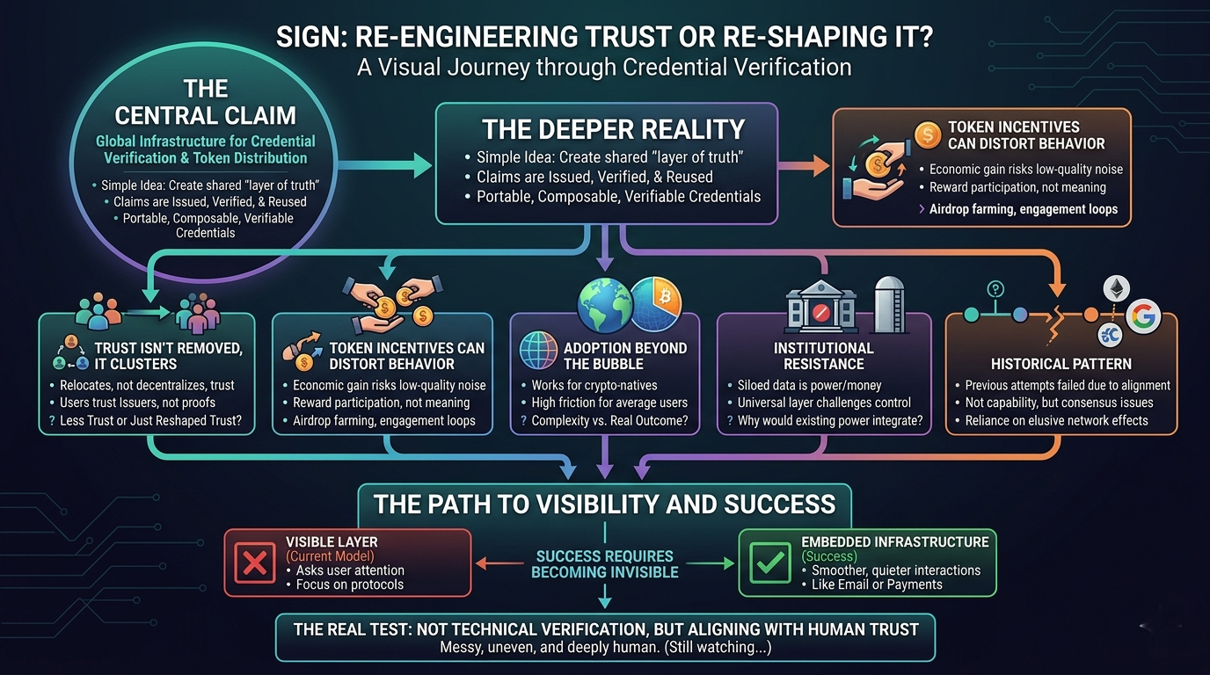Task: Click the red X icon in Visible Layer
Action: coord(254,562)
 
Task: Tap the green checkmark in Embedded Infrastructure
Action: coord(770,563)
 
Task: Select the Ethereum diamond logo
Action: coord(1116,289)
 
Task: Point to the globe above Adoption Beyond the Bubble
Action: coord(604,305)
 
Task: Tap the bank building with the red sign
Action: coord(820,307)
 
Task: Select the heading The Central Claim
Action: coord(206,102)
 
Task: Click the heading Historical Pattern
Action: coord(1061,363)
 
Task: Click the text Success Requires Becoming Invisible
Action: coord(605,564)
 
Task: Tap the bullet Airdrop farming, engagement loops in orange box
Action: coord(1023,209)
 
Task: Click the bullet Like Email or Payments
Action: coord(877,584)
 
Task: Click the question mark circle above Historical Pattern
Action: coord(996,288)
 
